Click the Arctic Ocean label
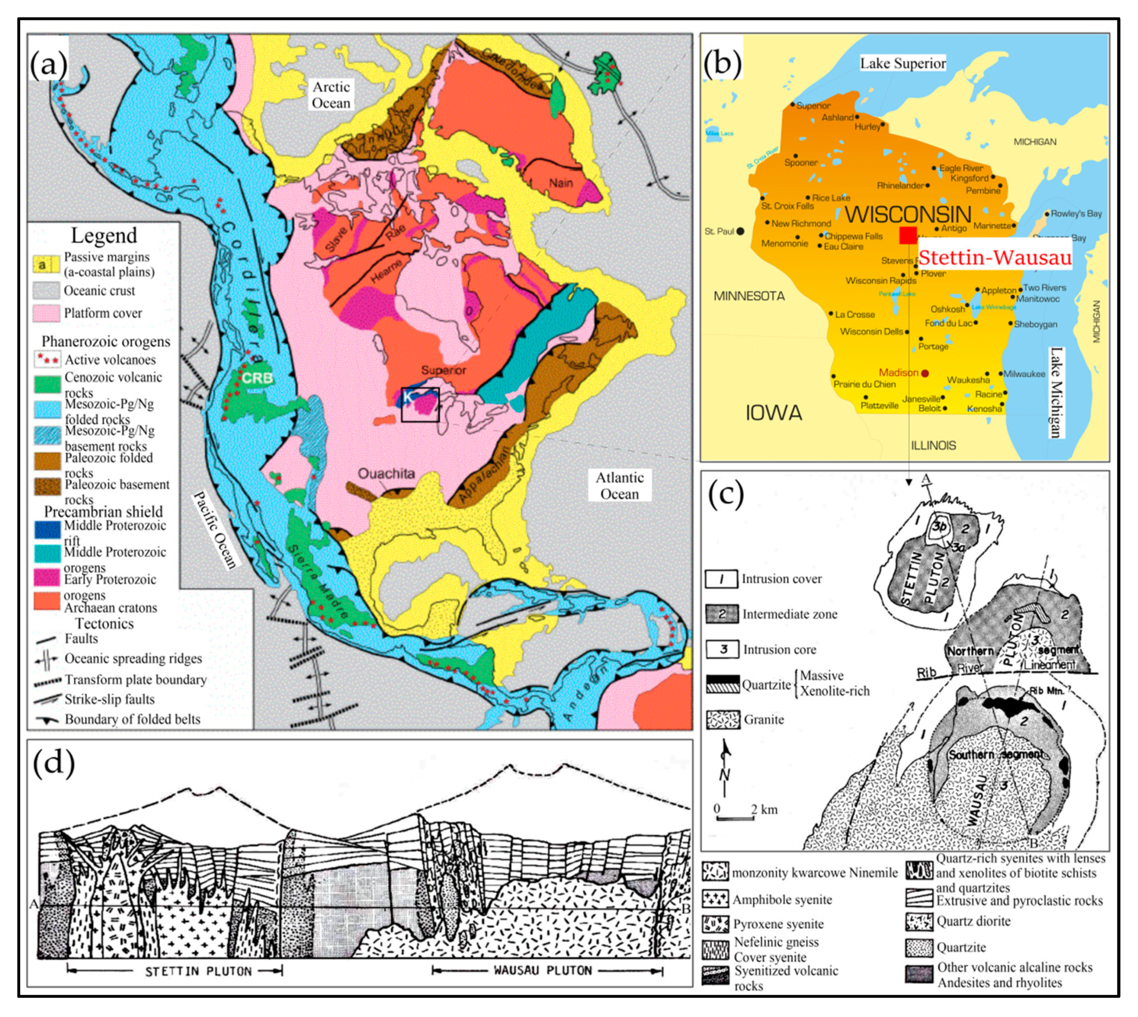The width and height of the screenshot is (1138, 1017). coord(331,95)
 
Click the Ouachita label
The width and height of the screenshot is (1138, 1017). coord(386,474)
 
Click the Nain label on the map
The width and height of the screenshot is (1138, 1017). coord(560,183)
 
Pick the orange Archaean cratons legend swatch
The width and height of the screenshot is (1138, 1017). coord(47,601)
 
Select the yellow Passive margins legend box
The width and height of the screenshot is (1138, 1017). coord(47,264)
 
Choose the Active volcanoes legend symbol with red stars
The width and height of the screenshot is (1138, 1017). coord(47,359)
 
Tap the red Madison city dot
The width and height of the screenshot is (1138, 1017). coord(925,373)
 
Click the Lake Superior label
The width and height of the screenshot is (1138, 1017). coord(903,63)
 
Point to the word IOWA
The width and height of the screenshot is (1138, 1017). coord(774,413)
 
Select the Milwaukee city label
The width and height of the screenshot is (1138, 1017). coord(1024,374)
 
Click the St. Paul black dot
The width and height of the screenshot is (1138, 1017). coord(740,231)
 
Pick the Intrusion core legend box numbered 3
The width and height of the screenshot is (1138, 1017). coord(722,649)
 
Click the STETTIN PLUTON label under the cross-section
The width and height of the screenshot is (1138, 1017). coord(199,971)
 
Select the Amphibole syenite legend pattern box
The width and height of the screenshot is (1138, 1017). coord(716,899)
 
